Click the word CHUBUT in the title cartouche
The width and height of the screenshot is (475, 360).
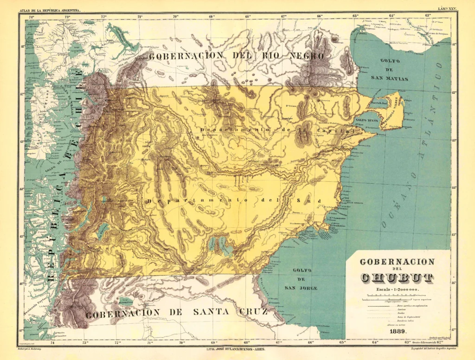[x=397, y=278]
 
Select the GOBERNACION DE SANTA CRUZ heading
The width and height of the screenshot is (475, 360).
[x=177, y=312]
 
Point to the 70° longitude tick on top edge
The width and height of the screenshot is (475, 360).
[x=176, y=17]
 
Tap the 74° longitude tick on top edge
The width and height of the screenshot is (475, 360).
[x=32, y=17]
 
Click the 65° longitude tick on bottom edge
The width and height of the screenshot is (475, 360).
[x=342, y=343]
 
